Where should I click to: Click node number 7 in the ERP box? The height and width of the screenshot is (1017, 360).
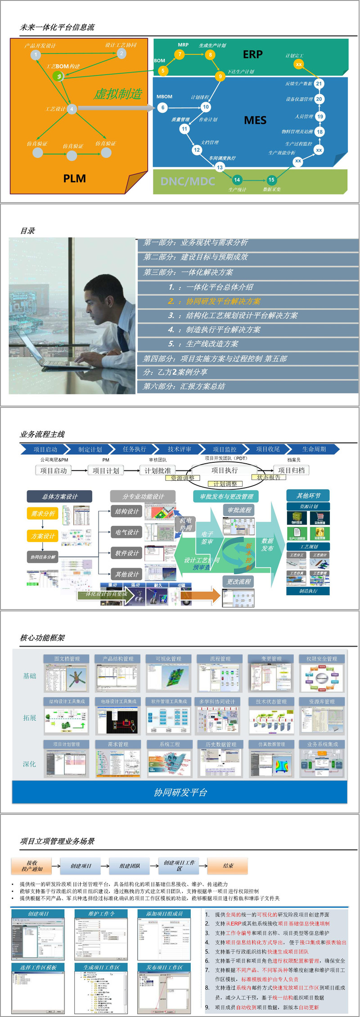(180, 54)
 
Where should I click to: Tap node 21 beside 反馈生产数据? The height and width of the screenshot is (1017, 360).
(319, 83)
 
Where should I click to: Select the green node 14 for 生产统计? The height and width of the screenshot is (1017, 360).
(237, 180)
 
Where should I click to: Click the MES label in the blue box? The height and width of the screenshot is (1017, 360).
(255, 120)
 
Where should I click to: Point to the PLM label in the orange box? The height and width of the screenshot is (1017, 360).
(75, 179)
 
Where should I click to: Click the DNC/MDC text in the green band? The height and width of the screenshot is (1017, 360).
(188, 181)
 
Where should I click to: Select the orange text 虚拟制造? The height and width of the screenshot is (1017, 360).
(118, 94)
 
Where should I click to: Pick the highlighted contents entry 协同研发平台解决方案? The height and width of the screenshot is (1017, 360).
(223, 301)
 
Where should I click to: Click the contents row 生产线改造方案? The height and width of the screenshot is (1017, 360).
(212, 344)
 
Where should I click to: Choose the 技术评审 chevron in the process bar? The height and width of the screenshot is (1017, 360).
(179, 449)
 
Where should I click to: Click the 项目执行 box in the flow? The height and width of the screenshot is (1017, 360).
(225, 470)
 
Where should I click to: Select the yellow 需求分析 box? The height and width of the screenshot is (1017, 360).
(43, 513)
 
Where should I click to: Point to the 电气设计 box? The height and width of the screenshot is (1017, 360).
(127, 532)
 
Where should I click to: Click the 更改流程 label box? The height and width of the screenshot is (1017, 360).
(238, 582)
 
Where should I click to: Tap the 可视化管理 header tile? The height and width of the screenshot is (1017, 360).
(168, 659)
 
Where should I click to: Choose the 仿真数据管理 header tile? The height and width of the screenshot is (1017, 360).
(271, 744)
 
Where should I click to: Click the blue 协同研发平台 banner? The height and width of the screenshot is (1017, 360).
(180, 792)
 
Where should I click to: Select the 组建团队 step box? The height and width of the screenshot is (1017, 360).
(130, 866)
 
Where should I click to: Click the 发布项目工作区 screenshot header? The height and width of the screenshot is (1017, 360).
(164, 967)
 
